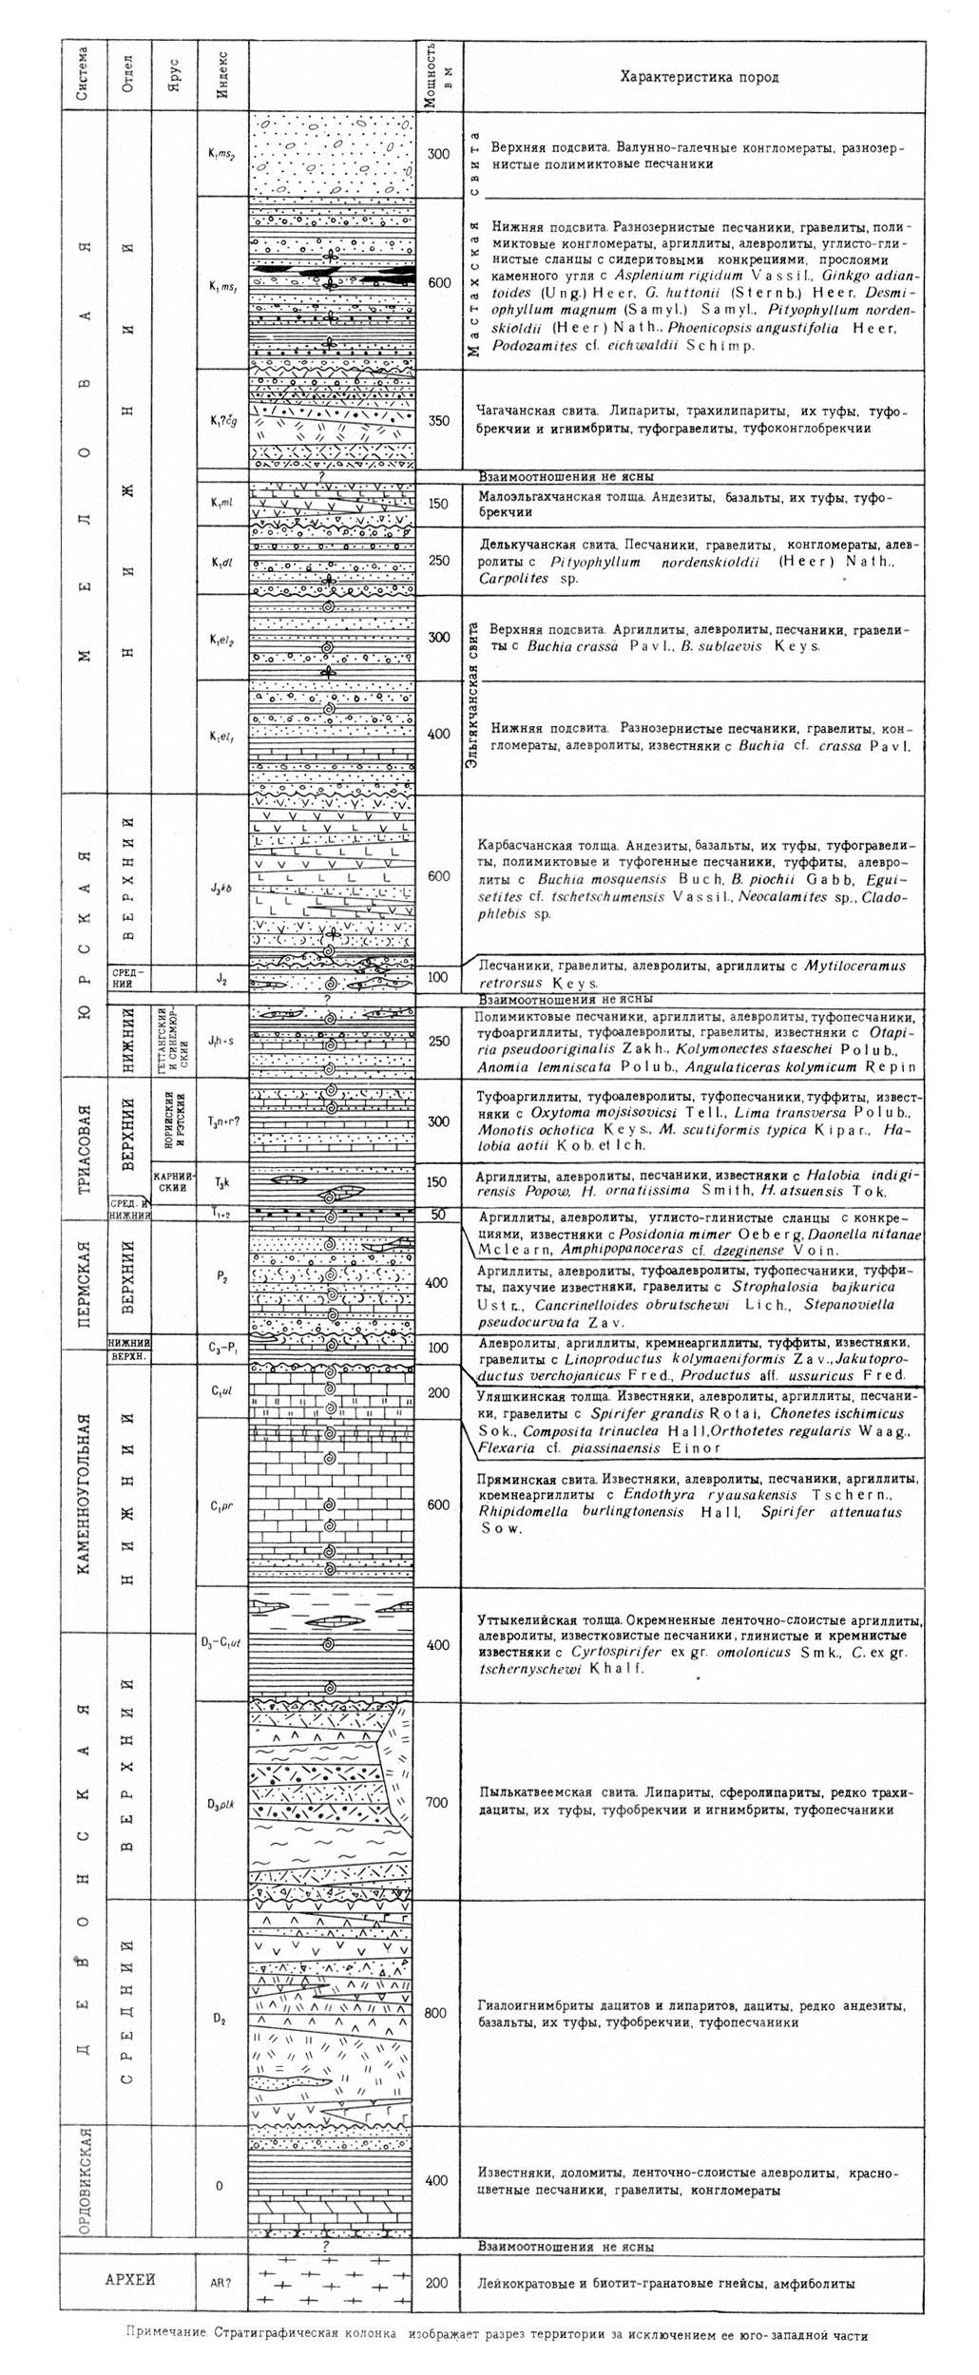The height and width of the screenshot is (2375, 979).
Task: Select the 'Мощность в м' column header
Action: click(437, 75)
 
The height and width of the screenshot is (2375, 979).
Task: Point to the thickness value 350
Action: click(438, 421)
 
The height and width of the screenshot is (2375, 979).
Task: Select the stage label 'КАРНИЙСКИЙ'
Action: click(174, 1181)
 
